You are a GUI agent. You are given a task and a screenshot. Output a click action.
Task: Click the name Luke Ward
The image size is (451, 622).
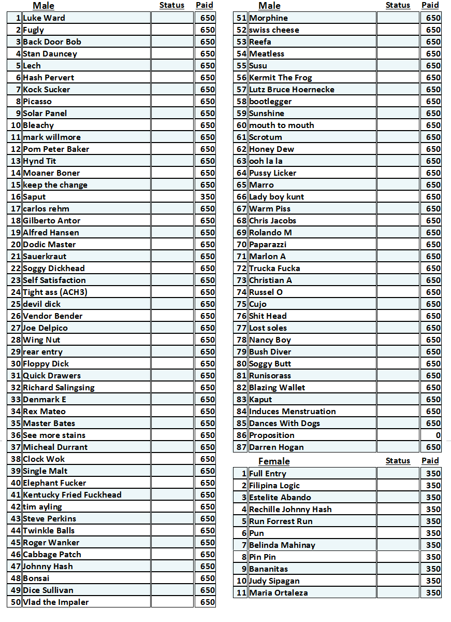click(x=44, y=18)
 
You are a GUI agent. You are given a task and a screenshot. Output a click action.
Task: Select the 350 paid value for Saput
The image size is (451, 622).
click(x=207, y=197)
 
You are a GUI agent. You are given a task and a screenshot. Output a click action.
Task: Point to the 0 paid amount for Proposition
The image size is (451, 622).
click(x=438, y=435)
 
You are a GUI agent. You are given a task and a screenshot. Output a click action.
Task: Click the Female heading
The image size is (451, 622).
click(x=274, y=461)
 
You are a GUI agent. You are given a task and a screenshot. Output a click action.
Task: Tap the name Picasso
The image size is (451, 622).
click(x=37, y=102)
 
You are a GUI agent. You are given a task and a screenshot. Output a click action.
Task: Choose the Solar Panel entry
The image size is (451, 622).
click(x=45, y=114)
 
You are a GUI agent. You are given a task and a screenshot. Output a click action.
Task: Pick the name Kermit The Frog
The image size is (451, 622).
click(x=281, y=78)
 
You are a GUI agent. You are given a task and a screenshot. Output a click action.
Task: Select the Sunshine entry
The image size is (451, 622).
click(x=267, y=114)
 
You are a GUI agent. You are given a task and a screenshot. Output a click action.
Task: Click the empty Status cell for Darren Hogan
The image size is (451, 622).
click(x=398, y=447)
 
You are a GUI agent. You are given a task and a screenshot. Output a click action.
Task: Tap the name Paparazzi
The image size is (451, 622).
click(x=268, y=245)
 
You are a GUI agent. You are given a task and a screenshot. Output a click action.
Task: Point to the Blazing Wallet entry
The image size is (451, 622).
click(x=277, y=388)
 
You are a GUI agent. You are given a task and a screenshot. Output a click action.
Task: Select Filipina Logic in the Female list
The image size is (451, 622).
click(x=274, y=486)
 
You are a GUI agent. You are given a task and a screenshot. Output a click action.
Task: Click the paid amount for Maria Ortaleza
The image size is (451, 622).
click(x=433, y=593)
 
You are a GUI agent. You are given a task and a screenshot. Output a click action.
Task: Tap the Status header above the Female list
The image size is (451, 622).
click(x=398, y=461)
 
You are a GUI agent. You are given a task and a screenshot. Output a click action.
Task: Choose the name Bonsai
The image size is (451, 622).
click(x=36, y=578)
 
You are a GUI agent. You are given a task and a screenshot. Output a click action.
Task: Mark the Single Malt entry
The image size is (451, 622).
click(x=45, y=471)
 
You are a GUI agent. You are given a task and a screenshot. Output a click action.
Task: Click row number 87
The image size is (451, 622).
click(x=241, y=447)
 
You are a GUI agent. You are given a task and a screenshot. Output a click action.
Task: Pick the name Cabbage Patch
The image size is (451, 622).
click(x=52, y=555)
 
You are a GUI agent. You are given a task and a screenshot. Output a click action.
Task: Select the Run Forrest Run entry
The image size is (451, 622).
click(x=281, y=521)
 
